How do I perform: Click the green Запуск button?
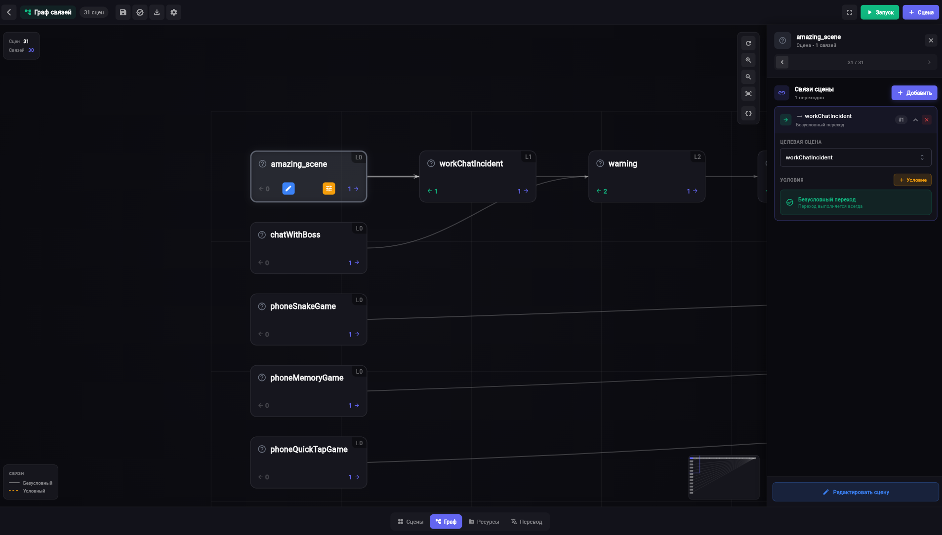[x=879, y=12]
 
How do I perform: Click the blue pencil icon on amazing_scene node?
[x=288, y=189]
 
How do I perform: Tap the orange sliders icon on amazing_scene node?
[x=329, y=189]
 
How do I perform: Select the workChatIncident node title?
[x=471, y=164]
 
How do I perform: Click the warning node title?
[x=622, y=164]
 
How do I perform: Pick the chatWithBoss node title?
[x=295, y=235]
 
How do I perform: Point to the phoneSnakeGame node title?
[x=303, y=306]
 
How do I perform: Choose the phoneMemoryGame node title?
[x=306, y=378]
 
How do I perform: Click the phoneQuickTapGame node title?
[x=309, y=450]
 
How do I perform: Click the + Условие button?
[x=912, y=180]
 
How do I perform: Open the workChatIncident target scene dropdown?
[x=855, y=157]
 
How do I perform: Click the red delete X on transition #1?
[x=927, y=120]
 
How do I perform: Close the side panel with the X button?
[x=931, y=40]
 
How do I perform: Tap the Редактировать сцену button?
[x=855, y=492]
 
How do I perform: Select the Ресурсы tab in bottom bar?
[x=484, y=522]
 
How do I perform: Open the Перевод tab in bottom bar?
[x=527, y=522]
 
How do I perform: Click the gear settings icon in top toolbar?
[x=174, y=12]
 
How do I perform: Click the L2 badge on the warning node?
[x=697, y=157]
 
